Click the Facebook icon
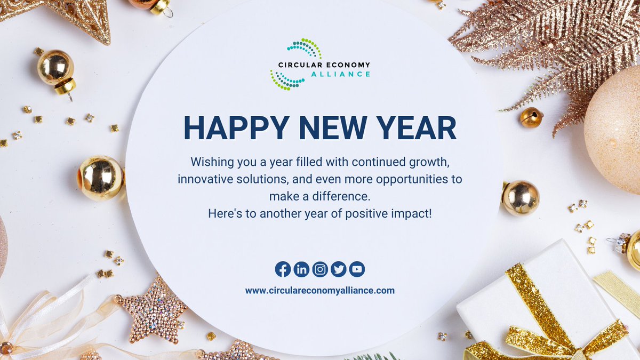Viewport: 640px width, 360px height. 283,269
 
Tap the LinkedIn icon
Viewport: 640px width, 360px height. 301,269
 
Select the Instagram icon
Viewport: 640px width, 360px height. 320,269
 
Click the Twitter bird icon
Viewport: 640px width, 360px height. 338,269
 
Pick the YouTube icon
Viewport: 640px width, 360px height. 357,269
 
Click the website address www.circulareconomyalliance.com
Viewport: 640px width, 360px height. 320,291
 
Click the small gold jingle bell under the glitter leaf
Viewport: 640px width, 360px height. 531,118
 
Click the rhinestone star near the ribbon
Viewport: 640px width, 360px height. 151,310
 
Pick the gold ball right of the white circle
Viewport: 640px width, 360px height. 521,198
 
